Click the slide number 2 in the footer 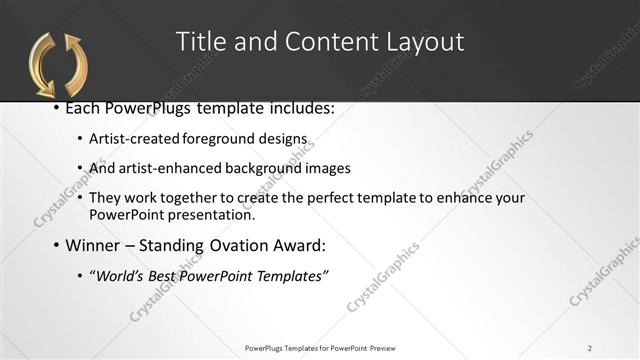click(x=590, y=347)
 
